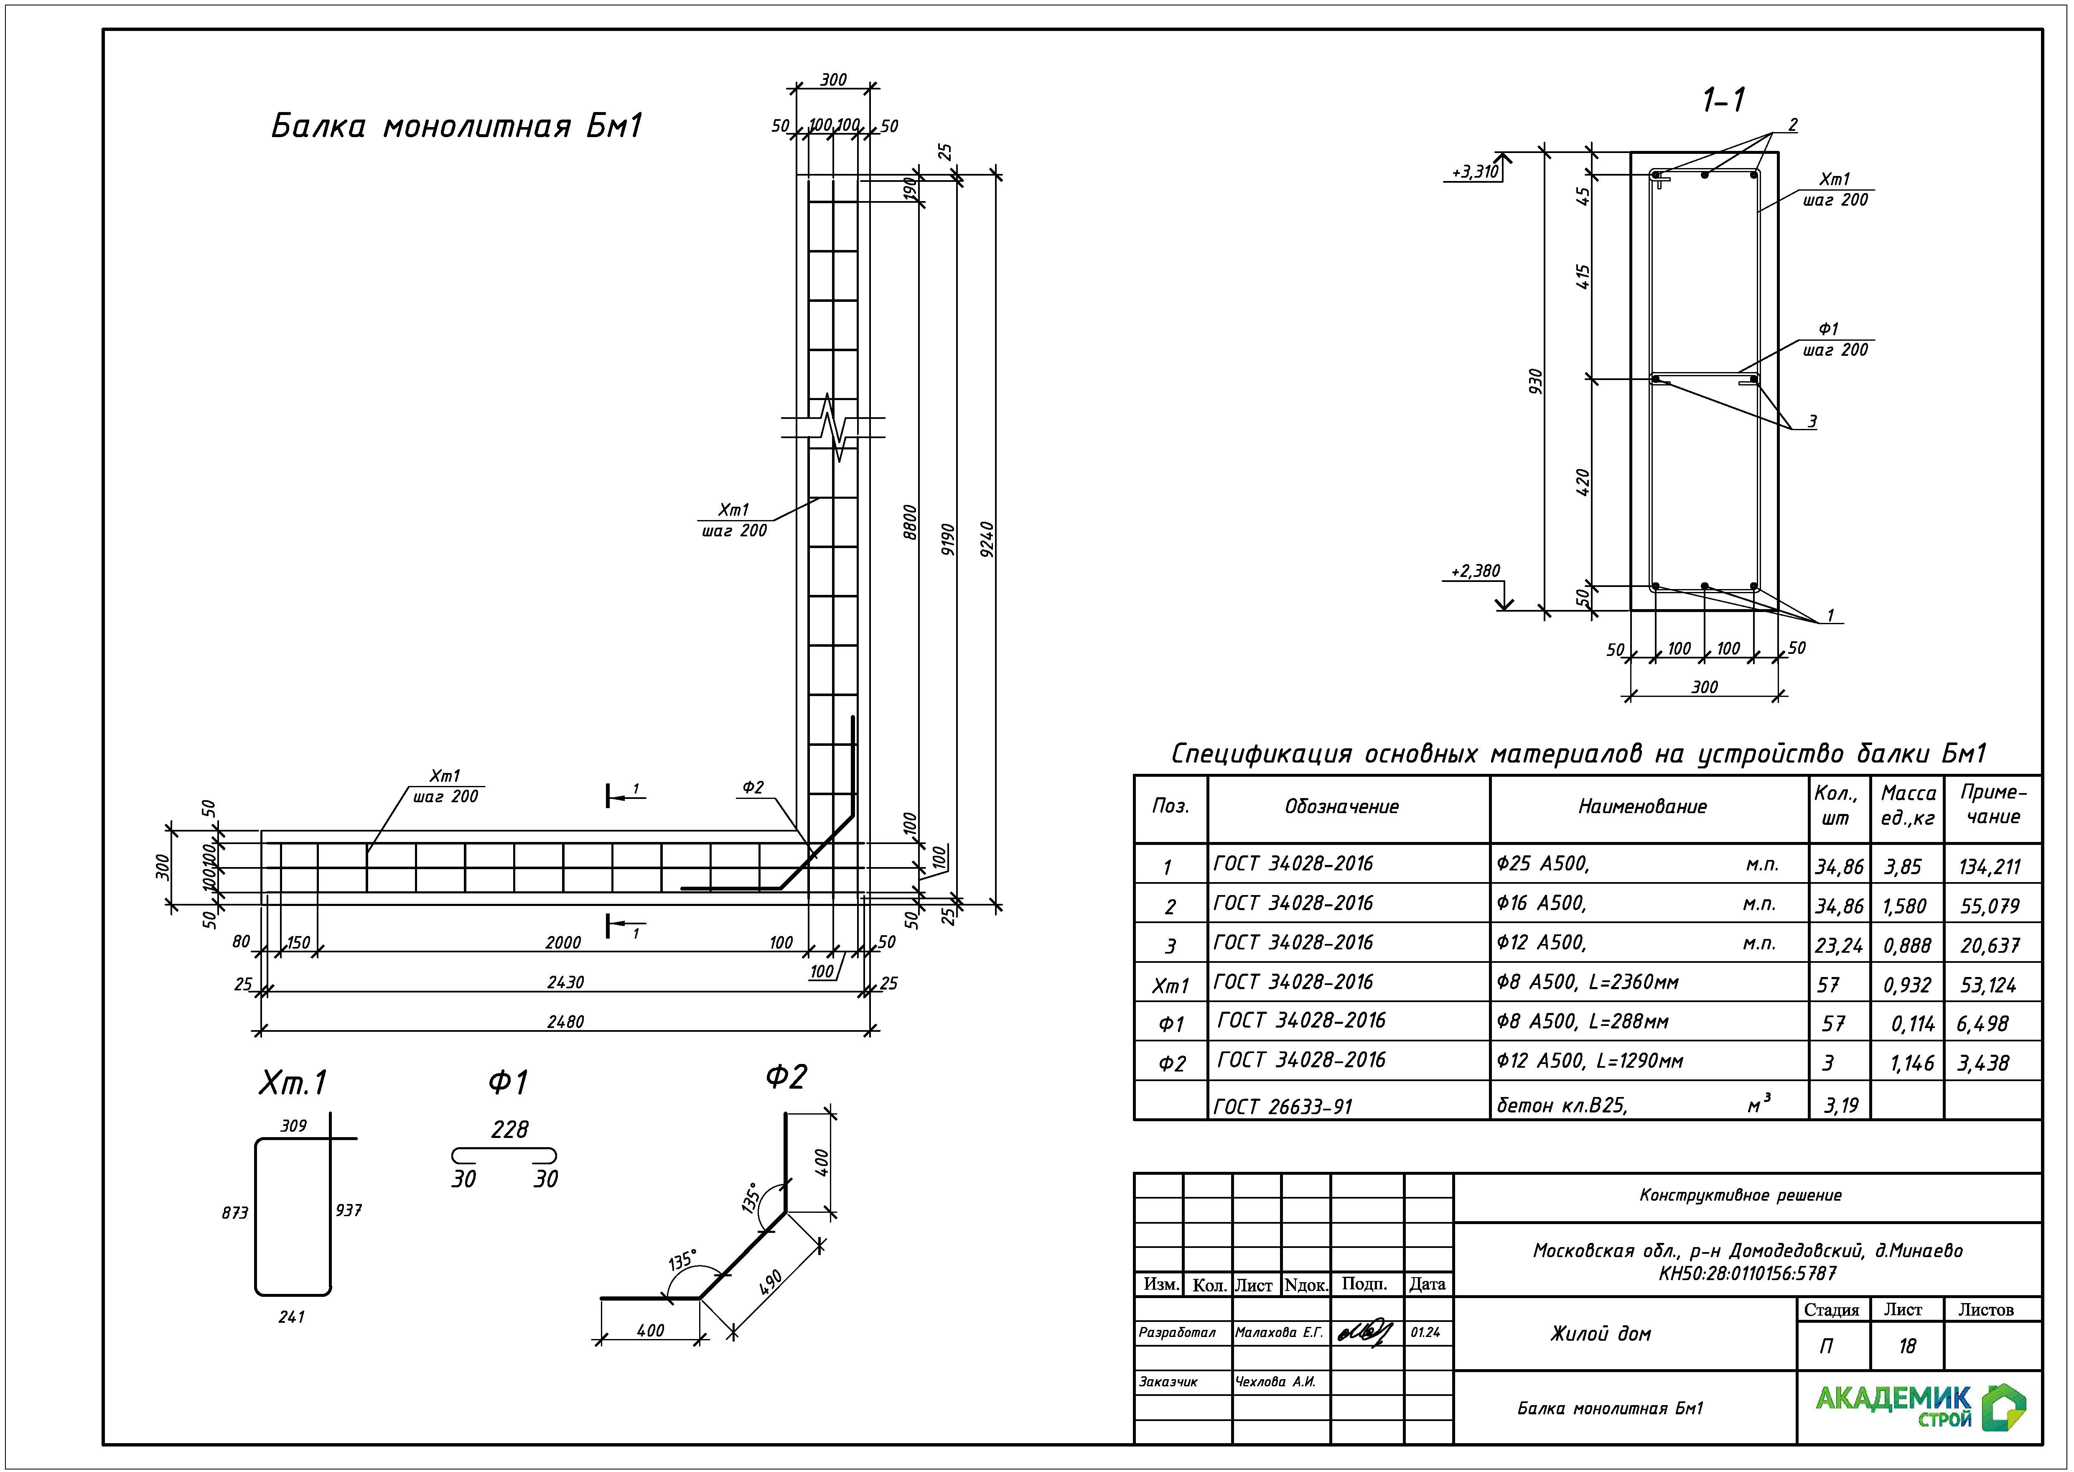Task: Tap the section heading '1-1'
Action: point(1723,99)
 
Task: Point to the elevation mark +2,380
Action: point(1475,571)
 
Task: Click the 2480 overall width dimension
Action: point(565,1021)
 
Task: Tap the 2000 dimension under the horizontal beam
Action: point(562,943)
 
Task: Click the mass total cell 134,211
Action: point(1990,867)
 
